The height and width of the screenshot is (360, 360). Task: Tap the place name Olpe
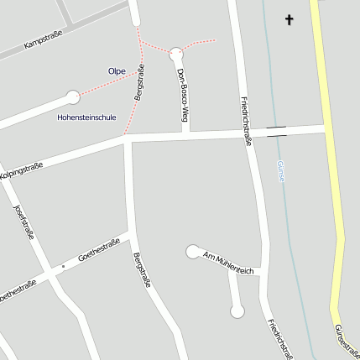coord(117,71)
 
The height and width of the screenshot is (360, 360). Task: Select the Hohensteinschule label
coord(86,117)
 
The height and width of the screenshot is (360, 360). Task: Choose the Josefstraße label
coord(23,222)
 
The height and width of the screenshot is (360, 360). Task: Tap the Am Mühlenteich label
coord(227,263)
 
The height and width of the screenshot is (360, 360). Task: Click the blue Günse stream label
coord(280,171)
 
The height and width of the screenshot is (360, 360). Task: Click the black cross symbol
coord(290,18)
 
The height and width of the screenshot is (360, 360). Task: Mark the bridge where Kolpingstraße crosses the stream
coord(276,130)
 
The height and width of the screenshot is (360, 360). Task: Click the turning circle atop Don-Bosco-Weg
coord(175,54)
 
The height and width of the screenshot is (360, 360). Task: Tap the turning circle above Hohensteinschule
coord(73,97)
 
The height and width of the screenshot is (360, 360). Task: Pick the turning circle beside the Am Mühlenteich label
coord(193,250)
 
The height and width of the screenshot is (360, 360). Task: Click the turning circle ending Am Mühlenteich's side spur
coord(237,312)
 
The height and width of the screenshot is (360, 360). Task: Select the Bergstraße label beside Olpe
coord(140,85)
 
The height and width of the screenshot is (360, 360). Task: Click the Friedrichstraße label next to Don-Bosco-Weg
coord(246,121)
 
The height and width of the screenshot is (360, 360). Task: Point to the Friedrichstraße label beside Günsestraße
coord(279,339)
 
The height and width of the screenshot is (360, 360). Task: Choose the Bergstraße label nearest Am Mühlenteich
coord(142,269)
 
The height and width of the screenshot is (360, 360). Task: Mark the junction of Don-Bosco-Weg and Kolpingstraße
coord(186,134)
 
